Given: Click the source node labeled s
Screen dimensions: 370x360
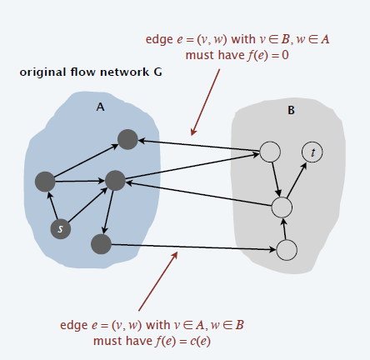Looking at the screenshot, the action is [61, 228].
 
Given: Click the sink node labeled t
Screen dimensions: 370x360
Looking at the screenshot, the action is [312, 152].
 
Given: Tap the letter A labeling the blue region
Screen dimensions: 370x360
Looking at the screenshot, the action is [100, 107].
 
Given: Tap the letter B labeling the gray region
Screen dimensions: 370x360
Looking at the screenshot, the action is [291, 110].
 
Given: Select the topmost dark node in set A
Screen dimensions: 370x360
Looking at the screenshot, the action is [127, 139].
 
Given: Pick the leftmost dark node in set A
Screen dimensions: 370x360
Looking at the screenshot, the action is [45, 182].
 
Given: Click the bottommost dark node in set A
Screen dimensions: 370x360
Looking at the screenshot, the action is [101, 244].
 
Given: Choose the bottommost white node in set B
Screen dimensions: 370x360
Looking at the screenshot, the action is [287, 250].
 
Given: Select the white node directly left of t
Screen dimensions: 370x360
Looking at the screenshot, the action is [270, 152].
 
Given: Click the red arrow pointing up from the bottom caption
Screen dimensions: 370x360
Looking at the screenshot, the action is [158, 281].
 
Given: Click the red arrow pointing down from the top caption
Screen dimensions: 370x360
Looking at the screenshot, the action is [206, 102].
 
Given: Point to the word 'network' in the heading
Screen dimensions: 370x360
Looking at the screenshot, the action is [124, 72].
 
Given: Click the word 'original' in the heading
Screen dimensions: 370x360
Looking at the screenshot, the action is [42, 72].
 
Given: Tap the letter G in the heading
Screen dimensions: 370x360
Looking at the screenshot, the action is [157, 72].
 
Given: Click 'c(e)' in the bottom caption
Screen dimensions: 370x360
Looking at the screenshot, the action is [200, 341].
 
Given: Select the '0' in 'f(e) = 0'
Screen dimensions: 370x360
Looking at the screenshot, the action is [285, 55].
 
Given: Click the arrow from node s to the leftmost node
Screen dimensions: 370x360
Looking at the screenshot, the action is [53, 206].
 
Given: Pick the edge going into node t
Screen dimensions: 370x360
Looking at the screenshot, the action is [297, 180].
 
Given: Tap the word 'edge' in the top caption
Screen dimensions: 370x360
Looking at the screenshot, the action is [159, 40].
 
